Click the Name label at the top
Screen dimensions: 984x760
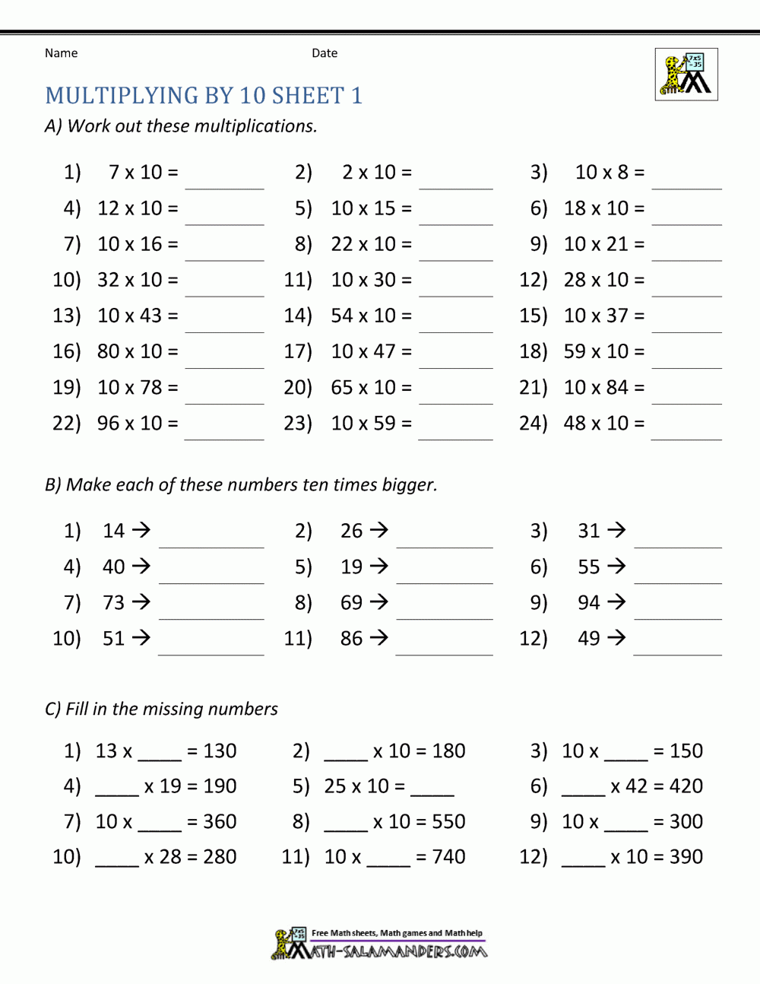[61, 53]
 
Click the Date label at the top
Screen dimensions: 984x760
[325, 53]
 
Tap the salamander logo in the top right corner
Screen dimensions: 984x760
[686, 75]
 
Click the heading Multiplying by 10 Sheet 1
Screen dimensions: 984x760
[204, 96]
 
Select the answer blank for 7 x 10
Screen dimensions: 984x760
[225, 179]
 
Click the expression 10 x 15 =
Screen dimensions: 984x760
[371, 208]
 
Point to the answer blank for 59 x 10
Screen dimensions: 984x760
[687, 359]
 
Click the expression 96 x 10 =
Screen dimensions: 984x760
[138, 423]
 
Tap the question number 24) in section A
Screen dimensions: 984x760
[533, 423]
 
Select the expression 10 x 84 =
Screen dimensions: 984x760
[604, 387]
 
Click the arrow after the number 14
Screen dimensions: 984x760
[141, 530]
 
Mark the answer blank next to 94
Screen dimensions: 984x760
[678, 610]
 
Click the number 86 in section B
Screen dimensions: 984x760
[351, 638]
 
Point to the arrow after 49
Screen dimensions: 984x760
[616, 638]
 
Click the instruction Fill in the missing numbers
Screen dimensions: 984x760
[172, 709]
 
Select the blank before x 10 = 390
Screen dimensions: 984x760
[583, 860]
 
